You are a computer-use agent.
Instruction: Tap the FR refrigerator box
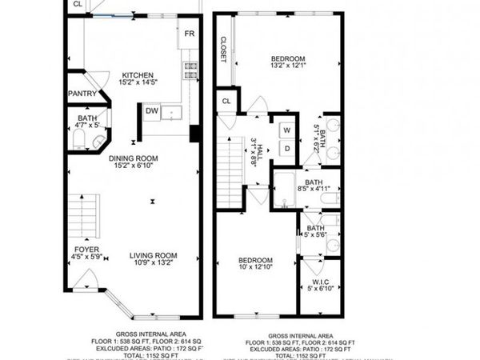tap(190, 34)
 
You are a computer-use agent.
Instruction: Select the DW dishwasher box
tap(152, 111)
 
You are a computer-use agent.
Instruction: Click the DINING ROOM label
tap(134, 158)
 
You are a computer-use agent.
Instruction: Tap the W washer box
tap(286, 129)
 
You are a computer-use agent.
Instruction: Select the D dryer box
tap(286, 148)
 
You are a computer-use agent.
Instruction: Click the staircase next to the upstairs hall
tap(230, 172)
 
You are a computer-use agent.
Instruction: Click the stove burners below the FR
tap(190, 70)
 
